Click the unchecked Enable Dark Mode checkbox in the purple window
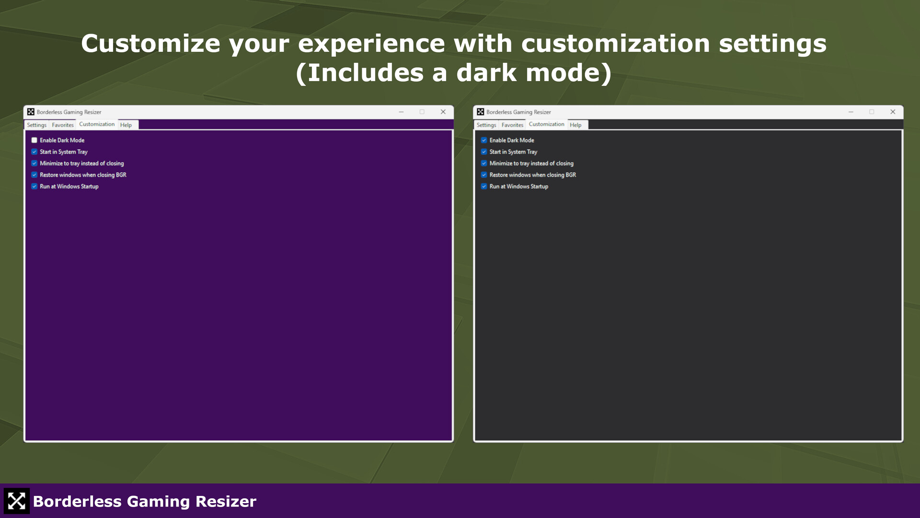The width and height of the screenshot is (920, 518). pos(34,140)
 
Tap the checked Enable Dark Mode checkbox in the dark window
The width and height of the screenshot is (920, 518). pos(484,140)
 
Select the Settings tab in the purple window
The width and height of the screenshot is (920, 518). pos(37,125)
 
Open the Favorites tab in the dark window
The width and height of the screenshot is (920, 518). pos(512,125)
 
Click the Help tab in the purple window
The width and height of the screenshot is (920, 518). pos(126,125)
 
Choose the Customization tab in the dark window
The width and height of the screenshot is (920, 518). pos(546,124)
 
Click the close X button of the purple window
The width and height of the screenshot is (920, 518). pos(443,112)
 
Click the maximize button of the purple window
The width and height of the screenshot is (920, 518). pos(422,112)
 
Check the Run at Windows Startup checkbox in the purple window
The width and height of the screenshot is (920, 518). pos(34,186)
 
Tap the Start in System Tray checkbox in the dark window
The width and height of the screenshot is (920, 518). pos(484,152)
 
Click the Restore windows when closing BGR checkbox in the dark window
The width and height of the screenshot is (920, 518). pos(484,175)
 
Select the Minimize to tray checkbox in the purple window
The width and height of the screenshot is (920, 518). pos(34,163)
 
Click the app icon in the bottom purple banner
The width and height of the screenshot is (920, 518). pos(17,501)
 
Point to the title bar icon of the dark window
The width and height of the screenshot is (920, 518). pos(481,112)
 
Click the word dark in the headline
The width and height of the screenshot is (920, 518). pos(486,73)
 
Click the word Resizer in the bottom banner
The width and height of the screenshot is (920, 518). pos(226,502)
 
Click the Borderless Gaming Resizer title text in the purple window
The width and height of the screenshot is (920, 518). pos(69,112)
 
